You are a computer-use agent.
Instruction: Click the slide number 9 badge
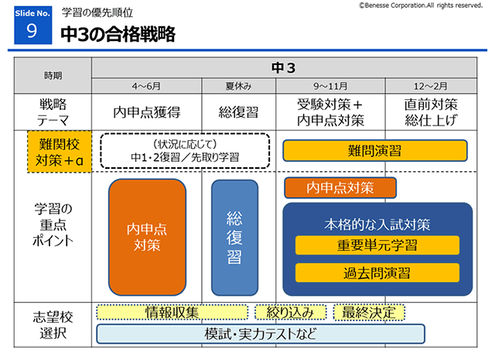32,26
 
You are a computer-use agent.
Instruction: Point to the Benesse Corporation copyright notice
421,5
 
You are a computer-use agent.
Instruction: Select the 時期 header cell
53,76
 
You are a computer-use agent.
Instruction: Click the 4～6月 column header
147,86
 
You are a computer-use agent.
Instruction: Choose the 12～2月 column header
430,86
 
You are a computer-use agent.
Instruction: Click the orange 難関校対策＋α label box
59,150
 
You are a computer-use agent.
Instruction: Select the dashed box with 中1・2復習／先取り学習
184,150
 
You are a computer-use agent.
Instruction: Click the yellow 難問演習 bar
374,150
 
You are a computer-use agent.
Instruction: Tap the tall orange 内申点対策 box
147,237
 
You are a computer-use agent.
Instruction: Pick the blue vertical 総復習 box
234,237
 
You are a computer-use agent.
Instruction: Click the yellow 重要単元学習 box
377,245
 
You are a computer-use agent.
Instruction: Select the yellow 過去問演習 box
377,273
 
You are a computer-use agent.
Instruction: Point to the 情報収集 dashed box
172,313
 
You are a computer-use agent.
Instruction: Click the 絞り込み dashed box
290,313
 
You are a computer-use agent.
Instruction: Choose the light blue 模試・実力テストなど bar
261,334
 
